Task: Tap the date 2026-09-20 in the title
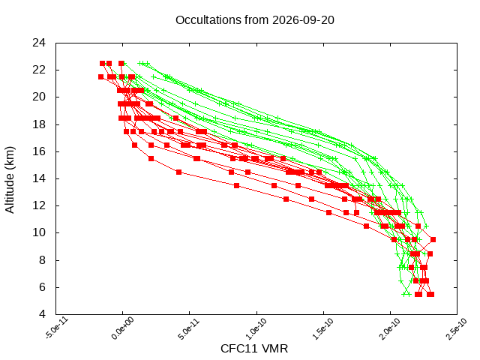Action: coord(303,20)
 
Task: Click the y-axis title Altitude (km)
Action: coord(10,180)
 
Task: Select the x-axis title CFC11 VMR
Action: coord(254,349)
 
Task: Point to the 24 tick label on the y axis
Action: coord(39,43)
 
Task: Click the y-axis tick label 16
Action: coord(39,151)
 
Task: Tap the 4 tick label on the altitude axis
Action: coord(42,314)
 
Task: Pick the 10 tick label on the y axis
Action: coord(39,232)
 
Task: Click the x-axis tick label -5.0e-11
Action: coord(57,328)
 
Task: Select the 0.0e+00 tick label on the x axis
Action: coord(123,328)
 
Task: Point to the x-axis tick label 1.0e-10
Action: coord(256,328)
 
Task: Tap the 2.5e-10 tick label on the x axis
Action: coord(457,328)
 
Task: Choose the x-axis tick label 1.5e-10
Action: coord(323,328)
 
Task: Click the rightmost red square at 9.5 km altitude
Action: coord(433,240)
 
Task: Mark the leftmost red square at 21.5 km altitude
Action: coord(100,76)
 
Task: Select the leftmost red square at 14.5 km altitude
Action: coord(178,172)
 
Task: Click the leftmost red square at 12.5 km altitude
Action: coord(286,199)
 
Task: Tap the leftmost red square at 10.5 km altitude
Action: coord(367,226)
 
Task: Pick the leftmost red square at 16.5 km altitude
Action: coord(135,145)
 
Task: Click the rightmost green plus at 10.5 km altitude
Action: coord(426,226)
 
